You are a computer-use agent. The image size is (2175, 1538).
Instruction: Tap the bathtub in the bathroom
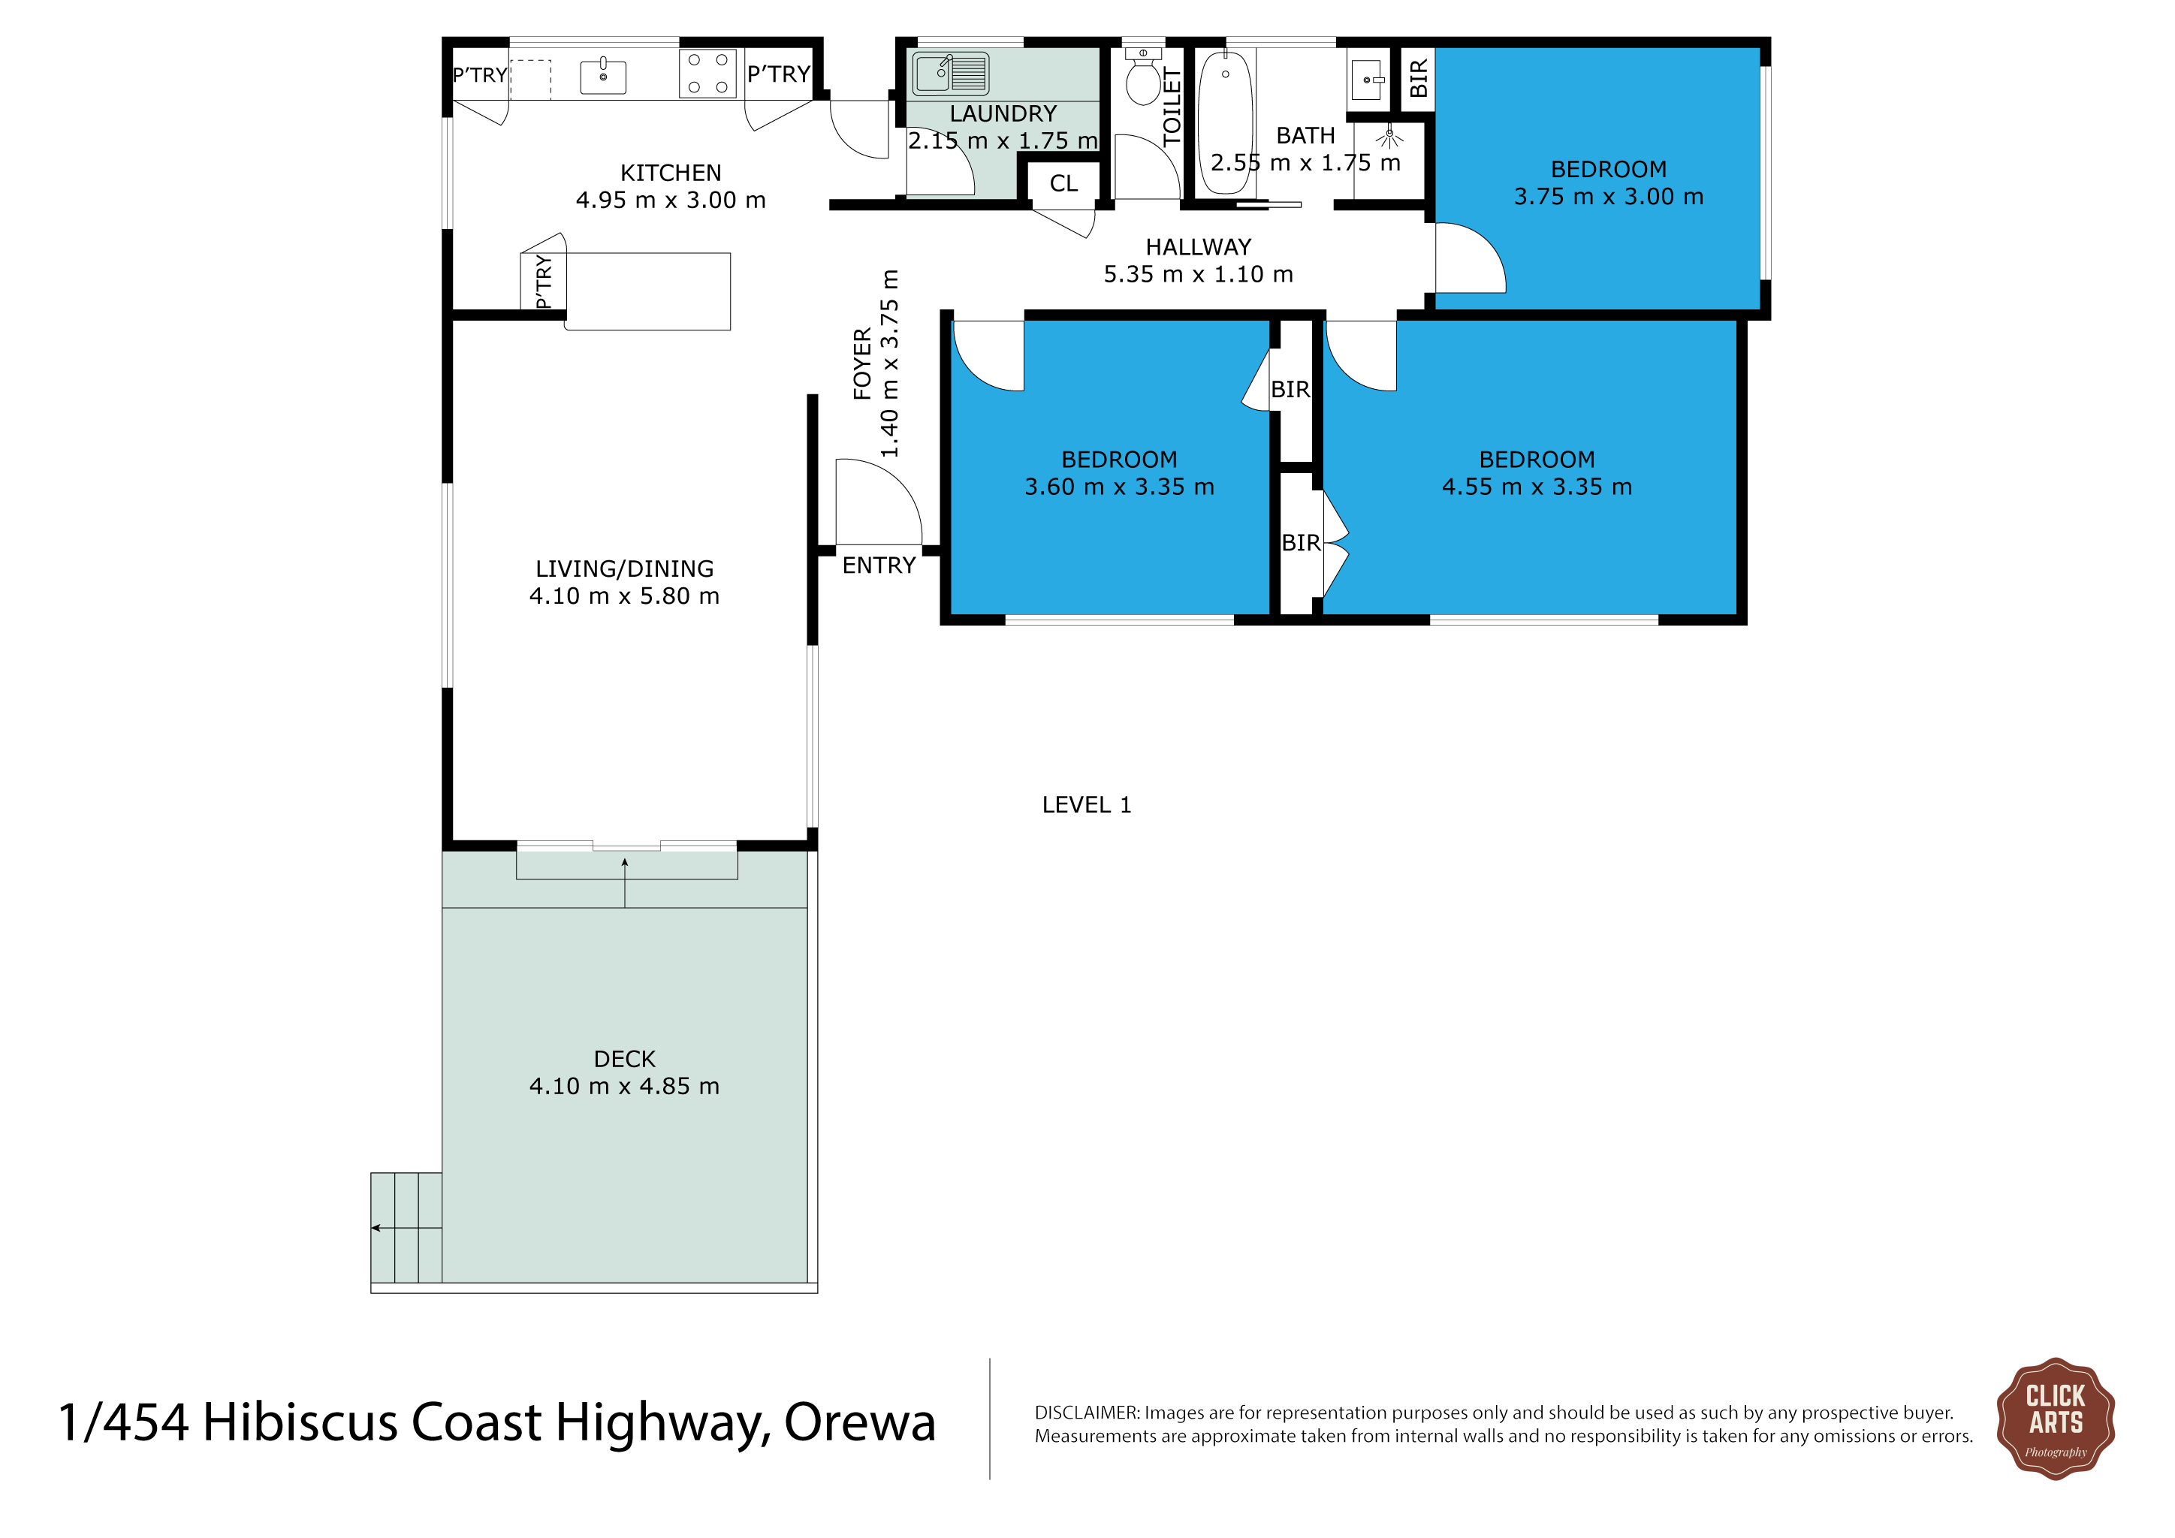(x=1225, y=122)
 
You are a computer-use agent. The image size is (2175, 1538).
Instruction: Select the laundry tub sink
(x=950, y=74)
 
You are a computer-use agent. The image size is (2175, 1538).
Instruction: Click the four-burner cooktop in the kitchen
(x=707, y=73)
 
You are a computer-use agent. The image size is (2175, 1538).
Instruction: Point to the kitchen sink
(x=602, y=77)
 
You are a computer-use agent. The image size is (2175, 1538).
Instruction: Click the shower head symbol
(x=1389, y=138)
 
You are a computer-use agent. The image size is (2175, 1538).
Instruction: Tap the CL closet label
(x=1063, y=184)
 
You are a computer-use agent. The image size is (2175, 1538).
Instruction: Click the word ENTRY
(x=879, y=565)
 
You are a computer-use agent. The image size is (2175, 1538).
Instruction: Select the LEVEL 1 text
(x=1087, y=805)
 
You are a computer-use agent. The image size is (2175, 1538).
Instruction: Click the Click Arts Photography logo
(x=2055, y=1418)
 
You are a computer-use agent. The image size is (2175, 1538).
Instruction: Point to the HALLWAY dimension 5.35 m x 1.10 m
(x=1199, y=275)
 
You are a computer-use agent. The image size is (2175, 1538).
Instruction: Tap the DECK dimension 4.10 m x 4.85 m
(x=624, y=1086)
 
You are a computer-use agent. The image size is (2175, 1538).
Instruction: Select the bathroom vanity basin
(x=1367, y=80)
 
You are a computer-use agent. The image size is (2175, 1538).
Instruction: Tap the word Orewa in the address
(x=859, y=1422)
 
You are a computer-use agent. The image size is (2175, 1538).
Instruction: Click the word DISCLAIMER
(x=1087, y=1413)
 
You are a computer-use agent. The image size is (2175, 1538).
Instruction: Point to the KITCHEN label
(x=671, y=173)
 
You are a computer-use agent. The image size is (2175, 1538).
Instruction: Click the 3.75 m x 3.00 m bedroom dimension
(x=1609, y=197)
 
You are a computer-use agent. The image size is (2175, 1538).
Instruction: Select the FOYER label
(x=862, y=363)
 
